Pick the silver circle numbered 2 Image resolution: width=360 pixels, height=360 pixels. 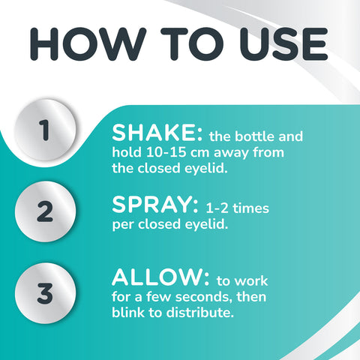click(x=46, y=212)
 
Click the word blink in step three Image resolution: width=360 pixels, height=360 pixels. click(x=129, y=314)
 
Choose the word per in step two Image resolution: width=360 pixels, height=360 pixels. click(x=123, y=224)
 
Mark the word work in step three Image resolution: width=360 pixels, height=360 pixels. click(x=251, y=281)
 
